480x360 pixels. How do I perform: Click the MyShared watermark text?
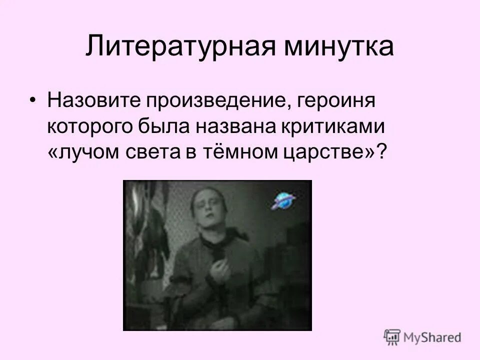[433, 337]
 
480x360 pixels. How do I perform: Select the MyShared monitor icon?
[392, 336]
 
